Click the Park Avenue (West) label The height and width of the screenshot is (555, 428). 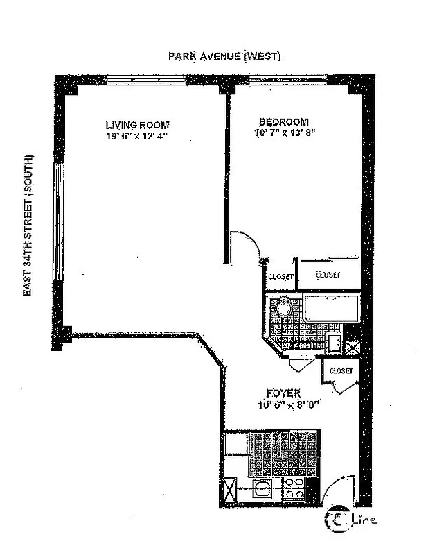point(224,56)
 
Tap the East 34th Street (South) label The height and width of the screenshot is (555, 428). point(28,225)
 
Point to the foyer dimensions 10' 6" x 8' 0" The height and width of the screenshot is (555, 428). point(285,406)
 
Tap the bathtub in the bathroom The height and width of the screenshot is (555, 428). point(331,307)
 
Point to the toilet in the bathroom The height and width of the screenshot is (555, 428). point(333,343)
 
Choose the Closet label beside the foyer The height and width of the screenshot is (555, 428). point(340,371)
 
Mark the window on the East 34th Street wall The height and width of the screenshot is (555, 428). point(59,222)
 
